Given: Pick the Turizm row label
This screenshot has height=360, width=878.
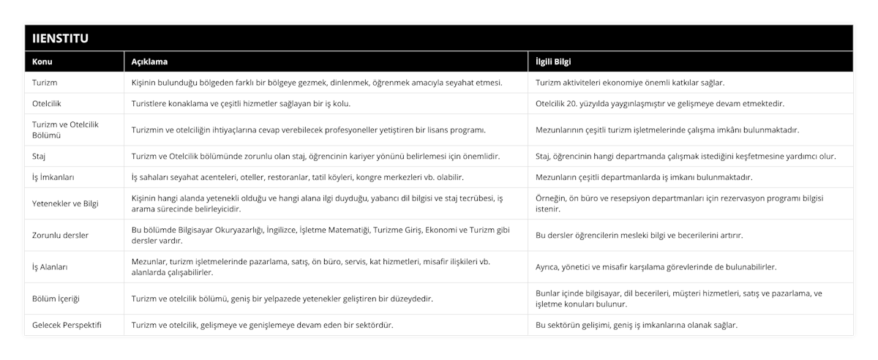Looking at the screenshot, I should [x=45, y=83].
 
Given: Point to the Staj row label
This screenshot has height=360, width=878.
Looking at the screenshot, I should [x=40, y=156].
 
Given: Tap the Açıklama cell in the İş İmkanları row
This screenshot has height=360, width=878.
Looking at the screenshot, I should [x=297, y=177].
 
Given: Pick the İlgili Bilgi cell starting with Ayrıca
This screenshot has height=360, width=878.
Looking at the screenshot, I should [x=656, y=267].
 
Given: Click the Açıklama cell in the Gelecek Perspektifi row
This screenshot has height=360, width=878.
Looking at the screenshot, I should [x=261, y=325].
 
